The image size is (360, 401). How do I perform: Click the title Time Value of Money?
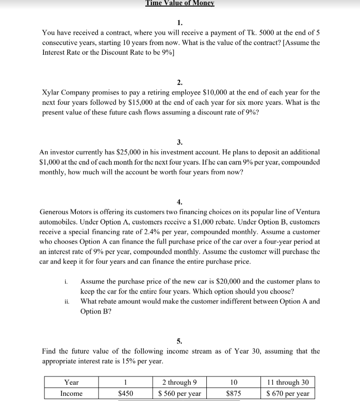tap(180, 3)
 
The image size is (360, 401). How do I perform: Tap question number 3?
tap(180, 142)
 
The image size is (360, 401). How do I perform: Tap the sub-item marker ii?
tap(67, 301)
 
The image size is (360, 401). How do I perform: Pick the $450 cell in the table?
tap(125, 393)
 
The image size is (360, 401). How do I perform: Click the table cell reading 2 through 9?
tap(180, 382)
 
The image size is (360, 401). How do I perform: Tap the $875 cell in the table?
tap(234, 393)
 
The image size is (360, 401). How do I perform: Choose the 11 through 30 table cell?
tap(288, 382)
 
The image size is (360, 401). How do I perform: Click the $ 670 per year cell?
tap(288, 393)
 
